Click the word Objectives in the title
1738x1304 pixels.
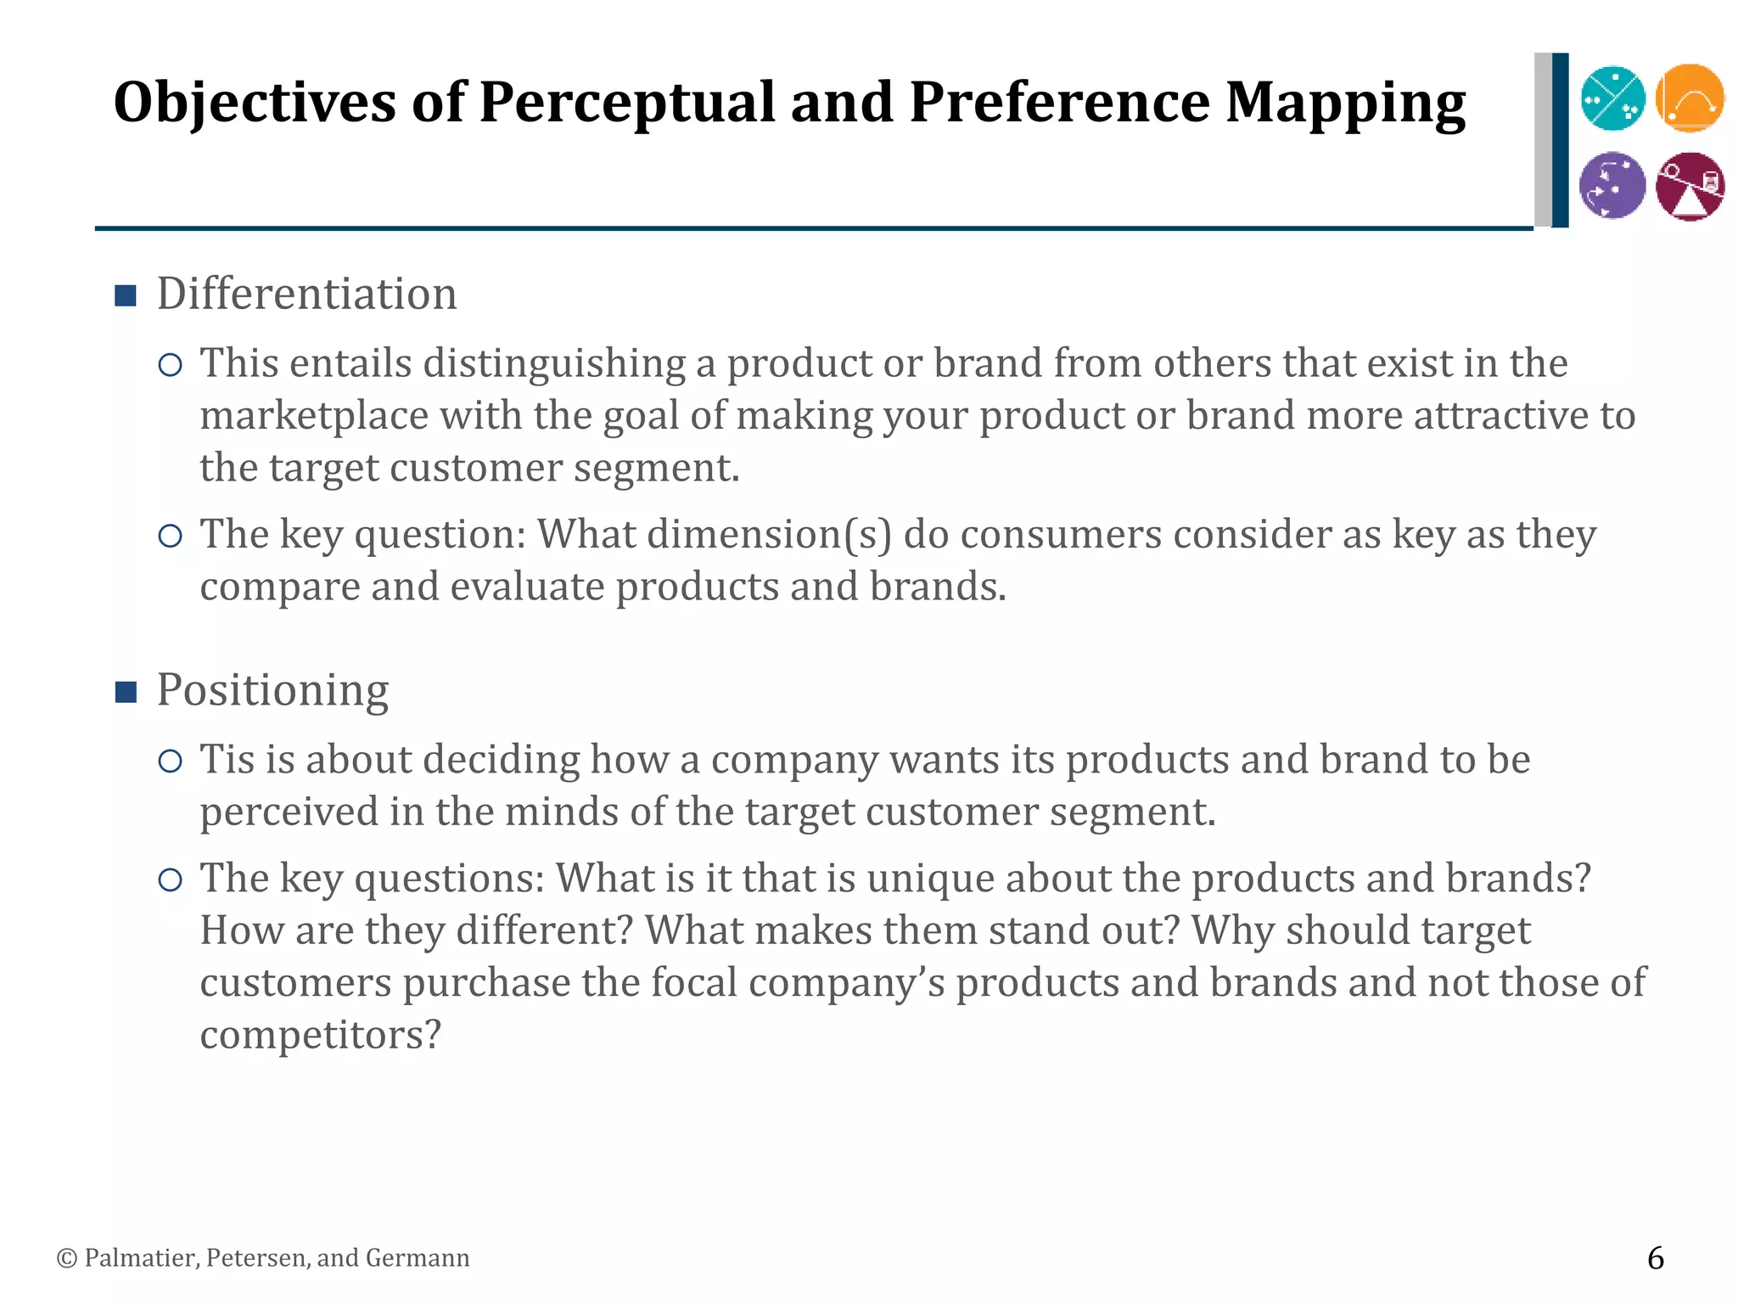point(255,103)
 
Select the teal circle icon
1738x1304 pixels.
point(1612,98)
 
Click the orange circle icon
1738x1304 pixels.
point(1690,98)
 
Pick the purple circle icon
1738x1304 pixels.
point(1612,185)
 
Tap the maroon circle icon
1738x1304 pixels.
point(1690,186)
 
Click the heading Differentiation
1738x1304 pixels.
point(306,295)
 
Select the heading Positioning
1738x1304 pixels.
point(272,690)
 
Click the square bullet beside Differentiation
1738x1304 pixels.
point(126,296)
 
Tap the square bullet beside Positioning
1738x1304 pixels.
point(126,693)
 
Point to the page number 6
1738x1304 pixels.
point(1655,1257)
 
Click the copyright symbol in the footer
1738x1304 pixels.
point(66,1258)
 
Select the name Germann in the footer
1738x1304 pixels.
point(417,1258)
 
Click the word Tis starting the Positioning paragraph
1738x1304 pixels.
point(227,759)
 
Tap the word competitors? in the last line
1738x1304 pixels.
point(321,1035)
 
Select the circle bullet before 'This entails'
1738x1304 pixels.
point(171,365)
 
